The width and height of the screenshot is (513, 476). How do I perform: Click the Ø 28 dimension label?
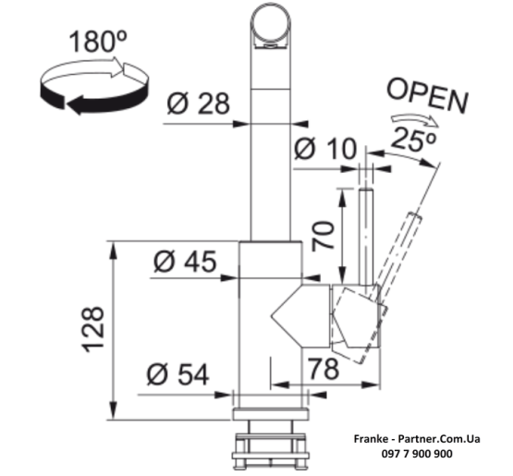198,104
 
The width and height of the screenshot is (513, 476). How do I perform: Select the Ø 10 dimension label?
325,149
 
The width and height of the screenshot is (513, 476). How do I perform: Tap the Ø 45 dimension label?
185,262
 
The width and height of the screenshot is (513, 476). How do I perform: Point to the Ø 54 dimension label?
177,374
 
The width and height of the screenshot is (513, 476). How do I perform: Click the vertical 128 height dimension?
93,329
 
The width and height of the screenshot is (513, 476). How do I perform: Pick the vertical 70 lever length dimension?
323,236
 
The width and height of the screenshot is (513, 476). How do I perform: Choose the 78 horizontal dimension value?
324,369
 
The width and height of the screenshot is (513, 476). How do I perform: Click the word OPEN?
427,95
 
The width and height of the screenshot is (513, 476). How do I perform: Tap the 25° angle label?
413,140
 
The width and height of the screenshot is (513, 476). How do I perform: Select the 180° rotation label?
98,42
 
